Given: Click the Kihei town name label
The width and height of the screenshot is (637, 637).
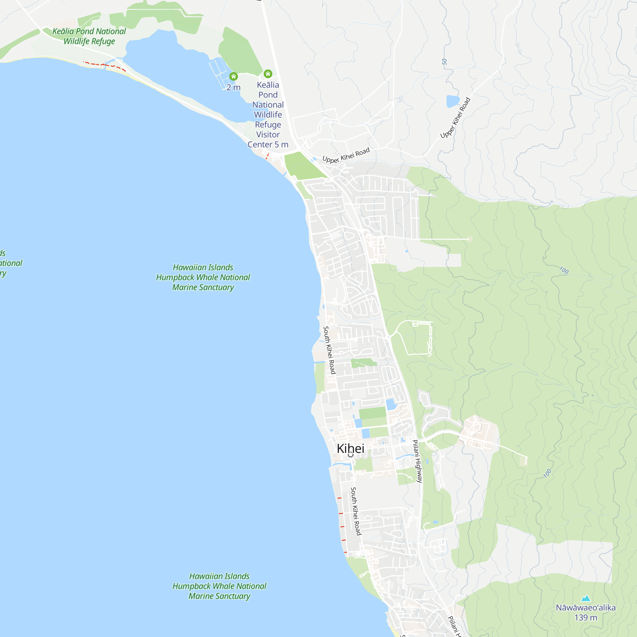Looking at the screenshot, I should point(350,448).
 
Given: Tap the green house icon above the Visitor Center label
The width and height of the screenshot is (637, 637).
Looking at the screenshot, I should point(268,74).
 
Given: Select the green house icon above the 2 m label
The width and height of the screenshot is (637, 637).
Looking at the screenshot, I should point(233,76).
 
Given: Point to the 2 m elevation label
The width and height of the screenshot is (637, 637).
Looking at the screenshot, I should point(233,88).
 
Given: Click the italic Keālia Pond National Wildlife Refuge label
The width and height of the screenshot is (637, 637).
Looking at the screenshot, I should point(89,36).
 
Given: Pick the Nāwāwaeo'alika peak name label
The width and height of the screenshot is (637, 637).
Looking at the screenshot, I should point(586,607).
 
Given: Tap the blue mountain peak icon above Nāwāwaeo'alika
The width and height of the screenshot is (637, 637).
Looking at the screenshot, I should point(586,598).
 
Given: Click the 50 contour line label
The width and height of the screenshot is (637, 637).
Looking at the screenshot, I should point(444,62).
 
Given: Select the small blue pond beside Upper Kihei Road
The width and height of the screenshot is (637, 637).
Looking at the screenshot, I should point(453,101).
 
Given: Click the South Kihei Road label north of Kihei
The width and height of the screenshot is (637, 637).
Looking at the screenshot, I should point(329,350).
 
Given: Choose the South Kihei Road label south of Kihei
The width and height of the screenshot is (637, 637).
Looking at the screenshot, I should point(356,511).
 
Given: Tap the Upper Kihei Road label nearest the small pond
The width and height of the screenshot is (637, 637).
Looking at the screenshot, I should point(455,118).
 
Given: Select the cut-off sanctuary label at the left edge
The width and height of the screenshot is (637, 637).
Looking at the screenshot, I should point(10,263).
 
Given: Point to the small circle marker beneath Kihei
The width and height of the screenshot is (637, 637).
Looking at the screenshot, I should point(350,455).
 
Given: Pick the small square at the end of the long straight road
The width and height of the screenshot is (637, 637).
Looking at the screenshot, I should point(469,239).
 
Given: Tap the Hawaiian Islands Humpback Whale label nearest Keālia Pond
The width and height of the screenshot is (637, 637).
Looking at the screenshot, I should point(203,277).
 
